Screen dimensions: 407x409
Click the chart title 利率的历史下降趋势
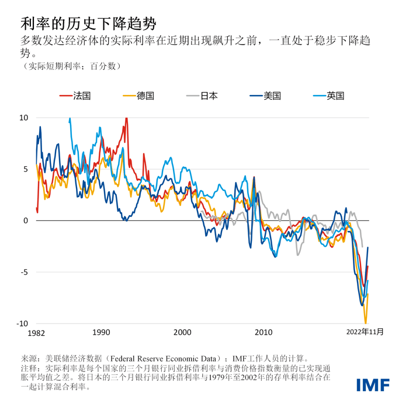[88, 23]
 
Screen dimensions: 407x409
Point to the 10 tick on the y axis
[23, 118]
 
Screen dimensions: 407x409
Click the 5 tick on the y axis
[25, 169]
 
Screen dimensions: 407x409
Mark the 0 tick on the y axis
[25, 220]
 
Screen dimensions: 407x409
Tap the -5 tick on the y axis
[23, 272]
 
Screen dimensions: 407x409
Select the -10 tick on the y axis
[22, 324]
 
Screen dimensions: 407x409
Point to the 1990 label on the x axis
[100, 332]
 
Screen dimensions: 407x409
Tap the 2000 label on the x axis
[182, 332]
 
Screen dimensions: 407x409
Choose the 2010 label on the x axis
[264, 332]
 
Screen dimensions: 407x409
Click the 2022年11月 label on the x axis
[364, 332]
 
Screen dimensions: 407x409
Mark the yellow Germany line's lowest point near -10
[366, 322]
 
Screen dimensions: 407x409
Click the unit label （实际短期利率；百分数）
[70, 66]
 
